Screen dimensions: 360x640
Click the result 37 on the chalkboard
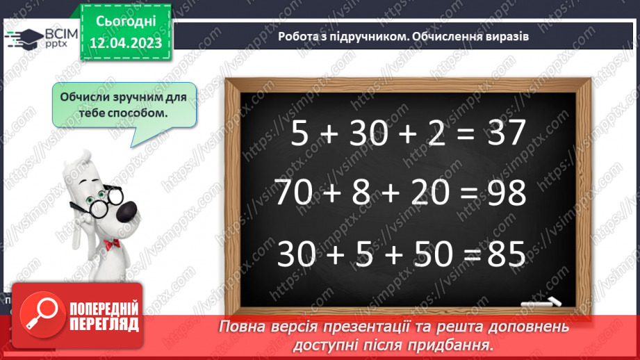pyautogui.click(x=504, y=133)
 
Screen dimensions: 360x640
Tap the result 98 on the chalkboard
pyautogui.click(x=506, y=193)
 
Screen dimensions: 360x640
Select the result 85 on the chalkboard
pyautogui.click(x=504, y=254)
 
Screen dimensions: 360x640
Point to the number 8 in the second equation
pyautogui.click(x=361, y=193)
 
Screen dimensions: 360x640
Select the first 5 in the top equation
pyautogui.click(x=299, y=133)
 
